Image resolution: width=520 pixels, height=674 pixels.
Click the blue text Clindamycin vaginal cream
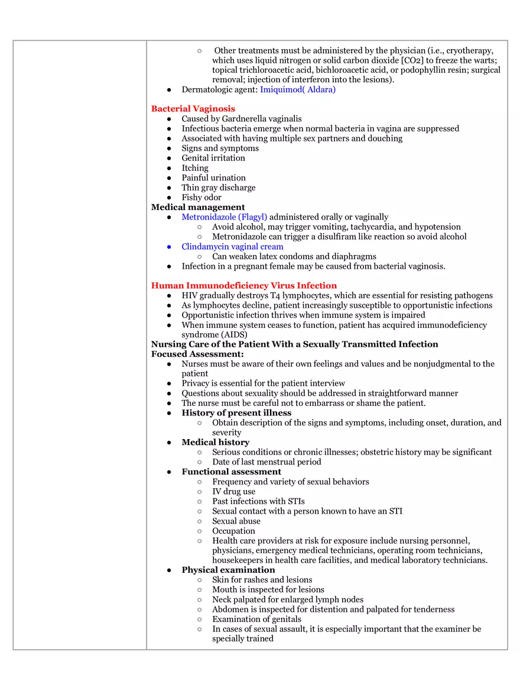232,247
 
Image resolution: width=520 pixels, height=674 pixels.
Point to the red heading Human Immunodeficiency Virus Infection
244,286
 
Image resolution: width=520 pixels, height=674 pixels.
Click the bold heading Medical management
198,207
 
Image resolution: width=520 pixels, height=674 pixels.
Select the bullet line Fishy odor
201,198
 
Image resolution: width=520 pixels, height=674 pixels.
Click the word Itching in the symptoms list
195,168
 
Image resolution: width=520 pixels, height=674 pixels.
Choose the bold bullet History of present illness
236,413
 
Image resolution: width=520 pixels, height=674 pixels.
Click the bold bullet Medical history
216,443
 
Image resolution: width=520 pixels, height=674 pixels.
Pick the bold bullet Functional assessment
231,472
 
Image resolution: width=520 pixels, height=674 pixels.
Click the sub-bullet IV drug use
234,492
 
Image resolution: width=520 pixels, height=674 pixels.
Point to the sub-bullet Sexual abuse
236,521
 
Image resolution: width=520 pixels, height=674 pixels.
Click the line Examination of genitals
256,620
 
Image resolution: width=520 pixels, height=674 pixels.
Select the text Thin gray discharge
219,188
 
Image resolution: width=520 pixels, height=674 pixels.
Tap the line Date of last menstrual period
266,462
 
